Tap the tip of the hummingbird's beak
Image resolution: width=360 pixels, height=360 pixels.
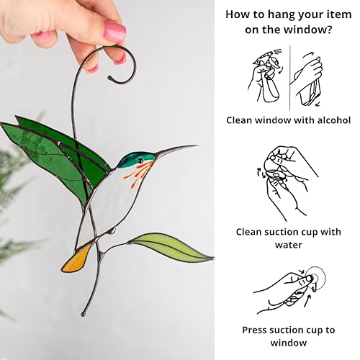pyautogui.click(x=196, y=146)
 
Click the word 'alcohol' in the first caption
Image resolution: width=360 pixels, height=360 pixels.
pyautogui.click(x=330, y=120)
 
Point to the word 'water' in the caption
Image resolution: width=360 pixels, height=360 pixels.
pyautogui.click(x=287, y=245)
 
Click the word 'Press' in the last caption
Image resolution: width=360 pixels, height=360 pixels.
pyautogui.click(x=256, y=330)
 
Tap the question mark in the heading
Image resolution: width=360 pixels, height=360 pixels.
pyautogui.click(x=330, y=31)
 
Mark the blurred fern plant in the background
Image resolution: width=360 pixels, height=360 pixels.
pyautogui.click(x=14, y=202)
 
